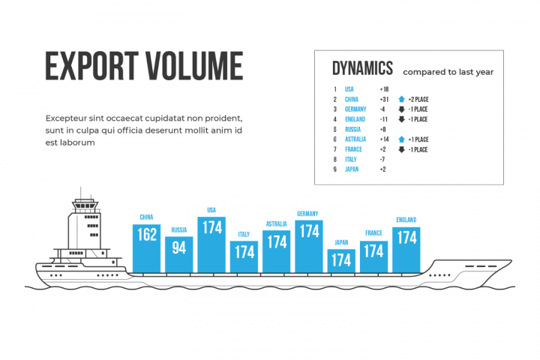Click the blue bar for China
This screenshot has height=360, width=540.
coord(146,248)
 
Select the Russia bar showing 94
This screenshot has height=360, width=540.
coord(178,254)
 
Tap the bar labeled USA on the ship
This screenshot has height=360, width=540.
coord(211,244)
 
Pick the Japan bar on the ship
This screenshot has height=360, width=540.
coord(341,261)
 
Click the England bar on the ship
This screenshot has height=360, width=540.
coord(406,250)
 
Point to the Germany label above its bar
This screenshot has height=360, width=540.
coord(307,214)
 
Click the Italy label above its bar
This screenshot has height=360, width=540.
coord(244,234)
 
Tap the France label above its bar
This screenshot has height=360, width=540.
coord(373,233)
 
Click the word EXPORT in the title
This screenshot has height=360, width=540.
coord(92,66)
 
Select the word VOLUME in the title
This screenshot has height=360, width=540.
coord(195,66)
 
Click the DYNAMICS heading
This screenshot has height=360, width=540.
coord(362,68)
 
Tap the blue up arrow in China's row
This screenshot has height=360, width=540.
coord(401,99)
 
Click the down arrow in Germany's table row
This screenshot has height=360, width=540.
coord(401,109)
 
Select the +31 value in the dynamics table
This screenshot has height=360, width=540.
coord(384,100)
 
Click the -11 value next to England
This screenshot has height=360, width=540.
coord(384,119)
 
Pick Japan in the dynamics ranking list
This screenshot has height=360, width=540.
coord(352,169)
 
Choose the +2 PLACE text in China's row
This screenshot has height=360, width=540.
coord(418,100)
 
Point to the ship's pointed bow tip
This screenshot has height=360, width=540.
coord(511,261)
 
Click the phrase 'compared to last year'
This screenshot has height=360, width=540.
coord(448,72)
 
